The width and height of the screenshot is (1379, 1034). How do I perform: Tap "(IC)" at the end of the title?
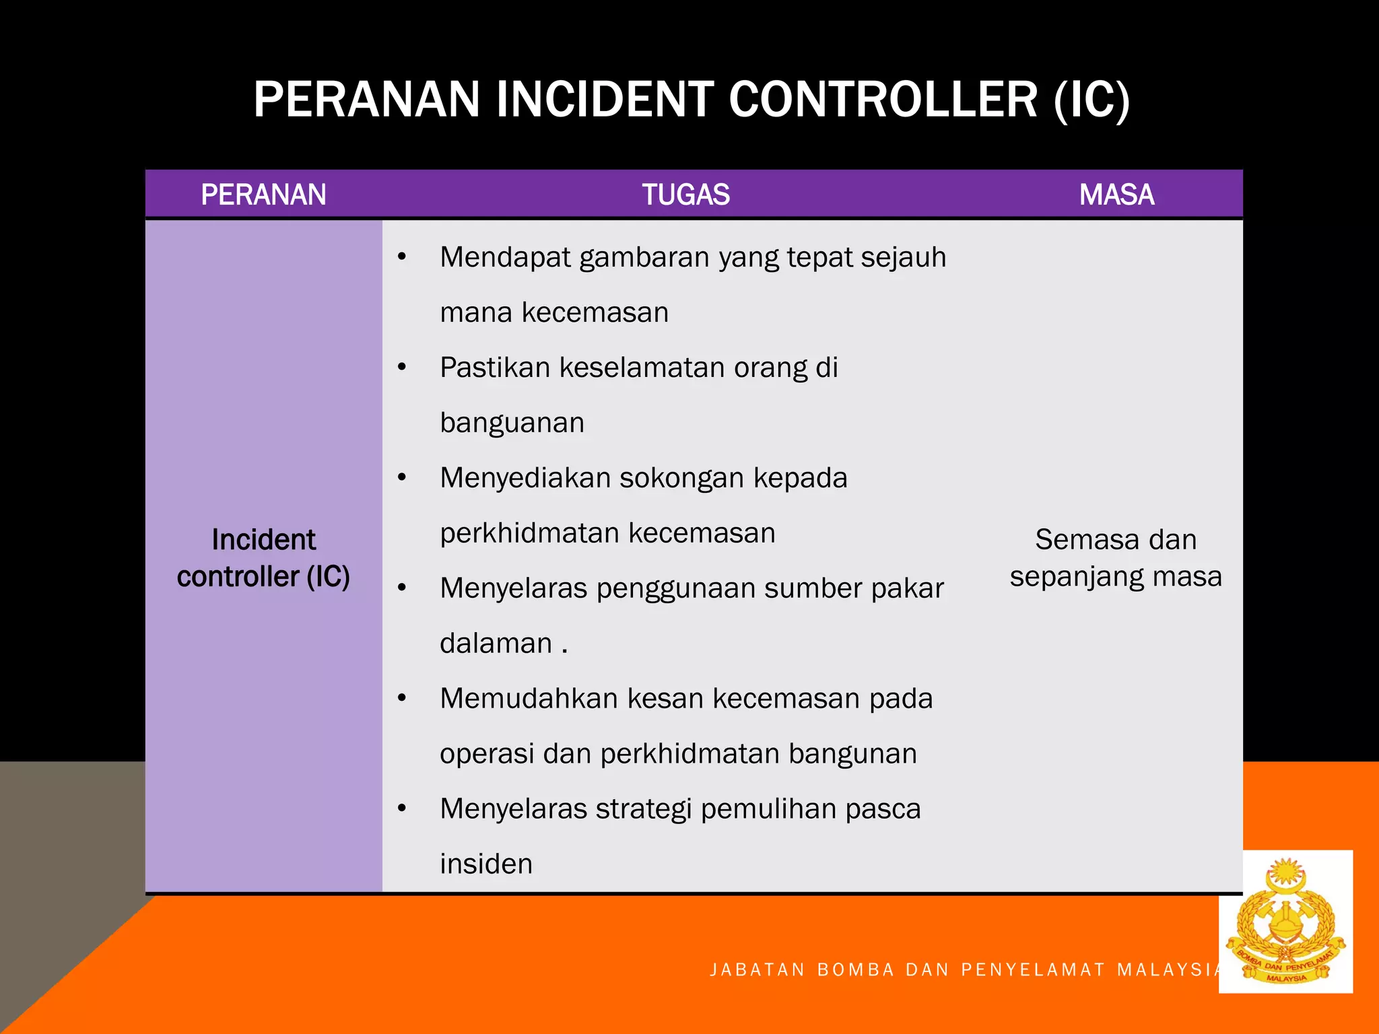(1091, 100)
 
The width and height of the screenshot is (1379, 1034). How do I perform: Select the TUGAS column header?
(685, 195)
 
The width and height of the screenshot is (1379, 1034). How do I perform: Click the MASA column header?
(1116, 195)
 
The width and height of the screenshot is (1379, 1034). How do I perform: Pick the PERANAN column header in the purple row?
(263, 195)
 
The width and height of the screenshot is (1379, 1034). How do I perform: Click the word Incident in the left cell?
(263, 540)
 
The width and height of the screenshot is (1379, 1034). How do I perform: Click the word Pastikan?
(495, 368)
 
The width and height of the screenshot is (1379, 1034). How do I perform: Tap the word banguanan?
(512, 423)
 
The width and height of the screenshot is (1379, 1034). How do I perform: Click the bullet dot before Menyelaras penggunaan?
(402, 588)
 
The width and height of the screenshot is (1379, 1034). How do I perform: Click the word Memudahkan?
(529, 699)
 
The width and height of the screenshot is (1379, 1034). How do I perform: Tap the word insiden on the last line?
(486, 864)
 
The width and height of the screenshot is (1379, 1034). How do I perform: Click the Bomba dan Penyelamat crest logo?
(1285, 921)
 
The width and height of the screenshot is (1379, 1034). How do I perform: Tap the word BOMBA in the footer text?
(855, 970)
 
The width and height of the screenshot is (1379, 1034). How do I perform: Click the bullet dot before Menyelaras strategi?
(402, 808)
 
